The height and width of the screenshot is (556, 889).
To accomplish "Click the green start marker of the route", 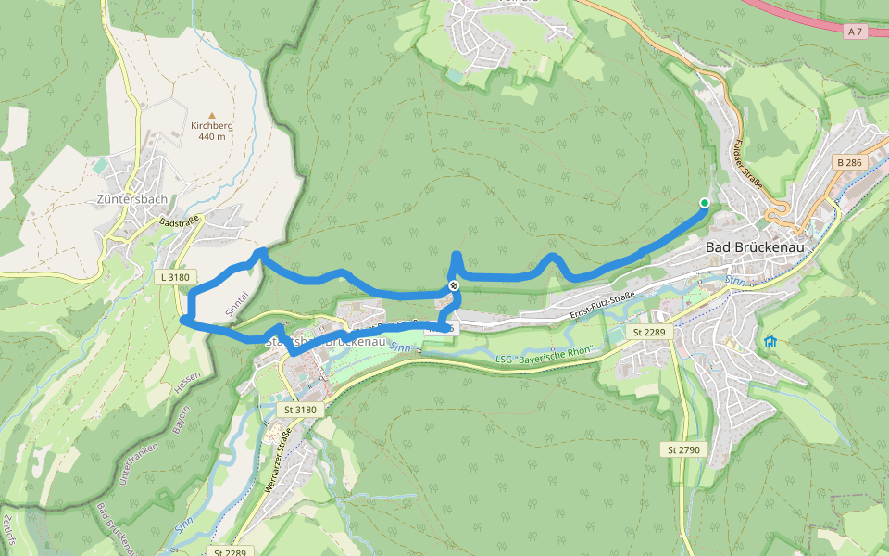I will [x=705, y=203].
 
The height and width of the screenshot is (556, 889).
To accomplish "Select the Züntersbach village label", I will [x=132, y=198].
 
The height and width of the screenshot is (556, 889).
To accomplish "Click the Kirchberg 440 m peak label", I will [x=211, y=131].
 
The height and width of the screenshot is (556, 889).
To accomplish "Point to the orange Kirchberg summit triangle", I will [x=211, y=113].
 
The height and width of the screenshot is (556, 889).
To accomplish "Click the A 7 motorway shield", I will [x=854, y=32].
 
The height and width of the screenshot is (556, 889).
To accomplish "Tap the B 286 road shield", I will [x=848, y=162].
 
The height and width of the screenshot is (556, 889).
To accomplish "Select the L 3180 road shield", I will [x=174, y=276].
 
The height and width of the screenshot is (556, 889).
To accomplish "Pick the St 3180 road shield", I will [x=300, y=409].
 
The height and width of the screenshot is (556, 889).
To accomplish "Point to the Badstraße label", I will [x=180, y=222].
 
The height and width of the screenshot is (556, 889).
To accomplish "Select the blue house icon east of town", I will [x=770, y=342].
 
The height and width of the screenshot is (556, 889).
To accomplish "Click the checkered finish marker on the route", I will [x=454, y=285].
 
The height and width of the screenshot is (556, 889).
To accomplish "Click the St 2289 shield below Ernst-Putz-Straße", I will [x=650, y=331].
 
